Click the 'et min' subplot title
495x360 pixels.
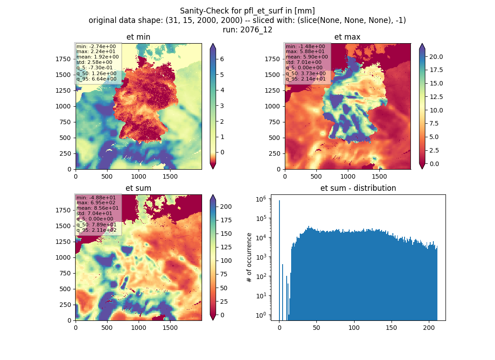coord(138,37)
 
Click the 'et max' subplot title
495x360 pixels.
coord(347,37)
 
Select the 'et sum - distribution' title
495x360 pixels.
coord(358,188)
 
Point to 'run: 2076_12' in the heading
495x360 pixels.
coord(247,30)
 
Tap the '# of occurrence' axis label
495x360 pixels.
coord(249,258)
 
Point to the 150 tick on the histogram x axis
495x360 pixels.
coord(391,328)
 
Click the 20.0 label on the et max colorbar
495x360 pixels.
coord(436,57)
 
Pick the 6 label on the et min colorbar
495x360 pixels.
coord(222,59)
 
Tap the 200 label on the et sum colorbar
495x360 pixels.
coord(226,207)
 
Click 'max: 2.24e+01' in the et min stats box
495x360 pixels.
coord(96,51)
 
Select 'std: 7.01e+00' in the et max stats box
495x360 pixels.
coord(304,62)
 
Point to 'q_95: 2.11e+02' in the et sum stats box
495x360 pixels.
coord(96,230)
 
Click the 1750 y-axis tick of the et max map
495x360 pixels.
coord(272,59)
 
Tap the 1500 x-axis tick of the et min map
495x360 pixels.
coord(170,176)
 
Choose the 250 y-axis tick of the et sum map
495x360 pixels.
coord(65,305)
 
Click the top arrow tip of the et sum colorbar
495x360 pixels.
coord(213,195)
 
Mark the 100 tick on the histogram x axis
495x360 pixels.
coord(354,328)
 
